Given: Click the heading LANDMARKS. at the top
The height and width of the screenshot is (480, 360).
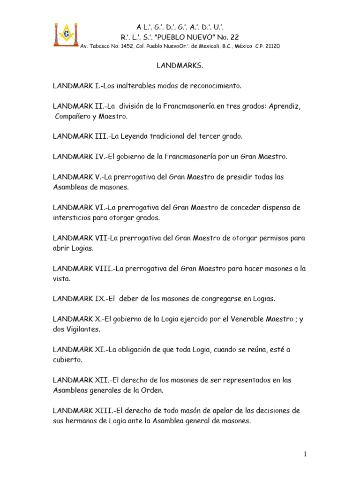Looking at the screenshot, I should [180, 66].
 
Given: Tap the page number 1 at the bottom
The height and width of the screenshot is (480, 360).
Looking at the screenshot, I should [305, 454].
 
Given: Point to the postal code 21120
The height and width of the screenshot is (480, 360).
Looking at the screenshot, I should [272, 46].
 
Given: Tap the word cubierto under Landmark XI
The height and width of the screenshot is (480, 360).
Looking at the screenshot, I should [67, 360].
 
